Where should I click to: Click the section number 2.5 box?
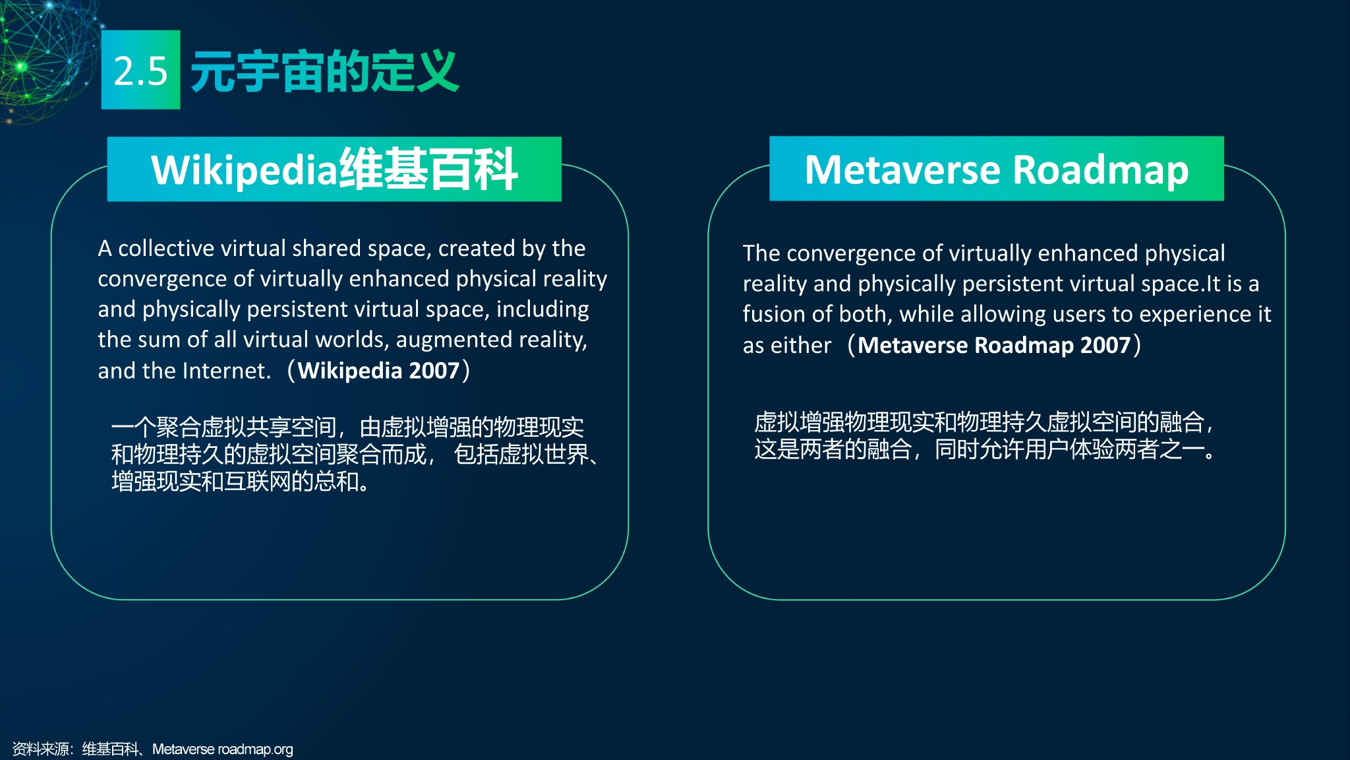(x=140, y=69)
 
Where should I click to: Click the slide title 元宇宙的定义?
(x=324, y=71)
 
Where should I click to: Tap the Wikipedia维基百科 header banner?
(x=334, y=169)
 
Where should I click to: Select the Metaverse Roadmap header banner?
(x=997, y=169)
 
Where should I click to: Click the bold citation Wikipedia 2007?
(x=378, y=371)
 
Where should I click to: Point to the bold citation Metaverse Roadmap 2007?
(x=994, y=345)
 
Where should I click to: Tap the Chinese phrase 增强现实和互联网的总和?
(x=240, y=482)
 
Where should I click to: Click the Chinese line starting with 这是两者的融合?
(x=985, y=449)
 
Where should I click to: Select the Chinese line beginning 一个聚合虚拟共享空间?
(x=347, y=427)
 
